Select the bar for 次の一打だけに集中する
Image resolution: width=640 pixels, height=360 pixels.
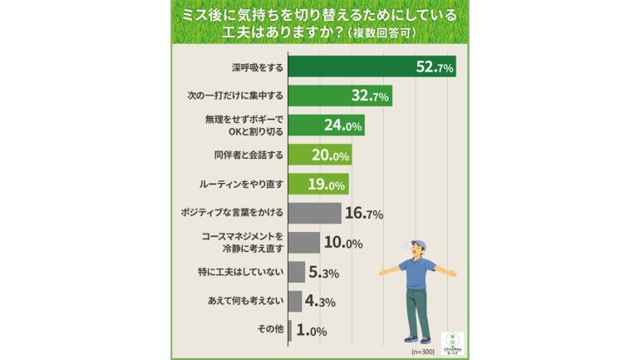click(x=340, y=96)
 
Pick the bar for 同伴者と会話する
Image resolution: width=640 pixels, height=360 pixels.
click(x=320, y=155)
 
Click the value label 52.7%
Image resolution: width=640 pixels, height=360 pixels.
click(x=434, y=68)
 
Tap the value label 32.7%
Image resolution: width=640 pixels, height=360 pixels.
click(x=372, y=97)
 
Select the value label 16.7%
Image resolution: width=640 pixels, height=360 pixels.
click(x=363, y=214)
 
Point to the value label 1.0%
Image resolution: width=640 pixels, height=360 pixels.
click(x=311, y=331)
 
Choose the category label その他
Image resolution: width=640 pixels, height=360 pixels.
click(x=271, y=330)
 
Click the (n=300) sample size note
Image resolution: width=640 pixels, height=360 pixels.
click(x=424, y=353)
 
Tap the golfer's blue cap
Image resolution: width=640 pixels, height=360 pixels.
click(x=419, y=242)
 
